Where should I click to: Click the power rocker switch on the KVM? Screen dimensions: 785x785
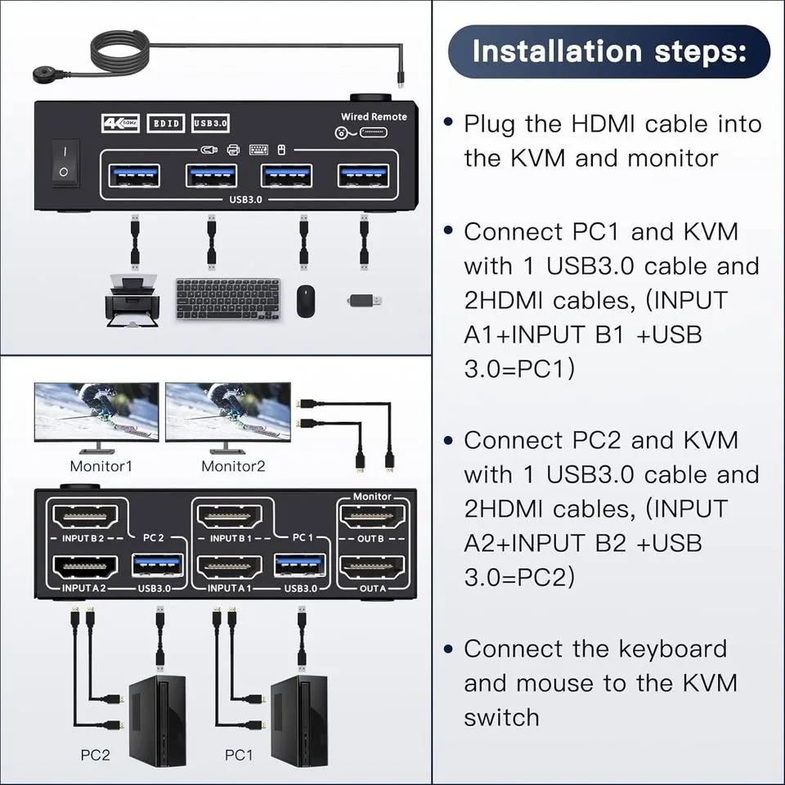[65, 162]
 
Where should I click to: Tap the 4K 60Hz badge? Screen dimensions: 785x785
[119, 123]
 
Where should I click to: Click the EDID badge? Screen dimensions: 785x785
[165, 123]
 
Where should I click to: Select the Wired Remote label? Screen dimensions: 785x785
[374, 117]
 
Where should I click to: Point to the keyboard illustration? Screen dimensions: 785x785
[228, 299]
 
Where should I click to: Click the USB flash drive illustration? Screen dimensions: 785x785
[364, 300]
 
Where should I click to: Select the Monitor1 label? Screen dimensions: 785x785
[101, 466]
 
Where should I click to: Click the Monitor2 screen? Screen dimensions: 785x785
[227, 411]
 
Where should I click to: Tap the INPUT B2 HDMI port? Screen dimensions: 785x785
[85, 517]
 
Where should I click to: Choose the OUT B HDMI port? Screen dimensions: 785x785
[372, 517]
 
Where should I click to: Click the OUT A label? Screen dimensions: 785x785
[372, 588]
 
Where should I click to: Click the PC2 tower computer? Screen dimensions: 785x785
[157, 708]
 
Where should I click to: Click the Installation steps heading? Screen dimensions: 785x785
[609, 51]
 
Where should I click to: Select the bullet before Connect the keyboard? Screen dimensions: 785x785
[448, 649]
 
